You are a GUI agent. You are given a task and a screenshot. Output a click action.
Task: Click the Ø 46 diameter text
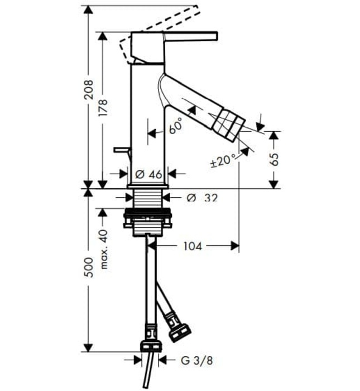tap(148, 174)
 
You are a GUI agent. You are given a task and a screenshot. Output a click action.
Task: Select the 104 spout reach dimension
tap(193, 246)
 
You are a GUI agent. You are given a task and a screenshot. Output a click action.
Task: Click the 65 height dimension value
tap(274, 160)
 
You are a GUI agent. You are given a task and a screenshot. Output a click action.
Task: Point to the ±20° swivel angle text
tap(221, 161)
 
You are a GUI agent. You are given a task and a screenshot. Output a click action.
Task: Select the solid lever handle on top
tap(190, 36)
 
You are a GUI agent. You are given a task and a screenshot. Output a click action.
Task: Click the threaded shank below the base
tap(148, 198)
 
